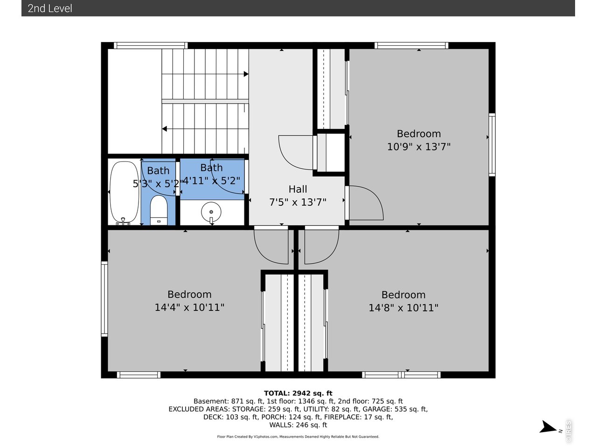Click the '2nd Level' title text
click(50, 8)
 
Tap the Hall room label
click(298, 189)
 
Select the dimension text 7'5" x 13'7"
click(298, 202)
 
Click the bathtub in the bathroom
click(124, 193)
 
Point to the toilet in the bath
click(159, 210)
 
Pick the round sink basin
click(211, 212)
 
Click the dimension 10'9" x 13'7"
click(418, 147)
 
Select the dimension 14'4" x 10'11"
click(189, 308)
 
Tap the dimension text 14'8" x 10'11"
click(403, 308)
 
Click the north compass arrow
click(548, 427)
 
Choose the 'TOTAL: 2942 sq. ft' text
click(298, 393)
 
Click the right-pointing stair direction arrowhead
click(246, 74)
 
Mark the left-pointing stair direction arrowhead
click(165, 129)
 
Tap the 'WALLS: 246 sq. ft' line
click(298, 425)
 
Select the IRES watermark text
click(569, 431)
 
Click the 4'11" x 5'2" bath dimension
click(211, 181)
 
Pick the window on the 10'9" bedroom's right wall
click(492, 145)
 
